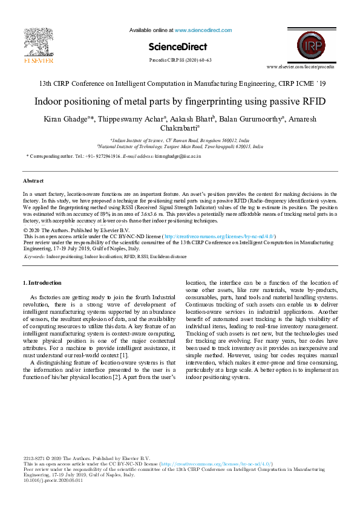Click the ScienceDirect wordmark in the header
point(177,47)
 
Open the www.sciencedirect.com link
point(203,30)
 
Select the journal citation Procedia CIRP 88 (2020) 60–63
point(180,60)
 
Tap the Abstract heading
point(33,181)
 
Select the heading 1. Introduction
point(42,283)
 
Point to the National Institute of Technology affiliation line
point(180,147)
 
